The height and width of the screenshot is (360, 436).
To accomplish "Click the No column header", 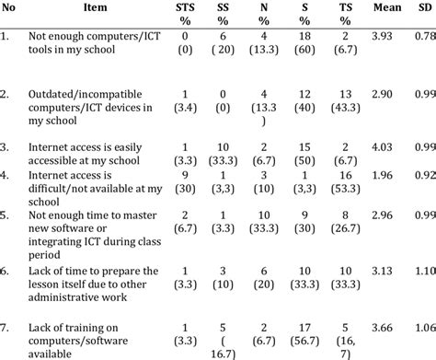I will pos(11,8).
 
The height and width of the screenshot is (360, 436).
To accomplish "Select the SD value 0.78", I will pos(425,36).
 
